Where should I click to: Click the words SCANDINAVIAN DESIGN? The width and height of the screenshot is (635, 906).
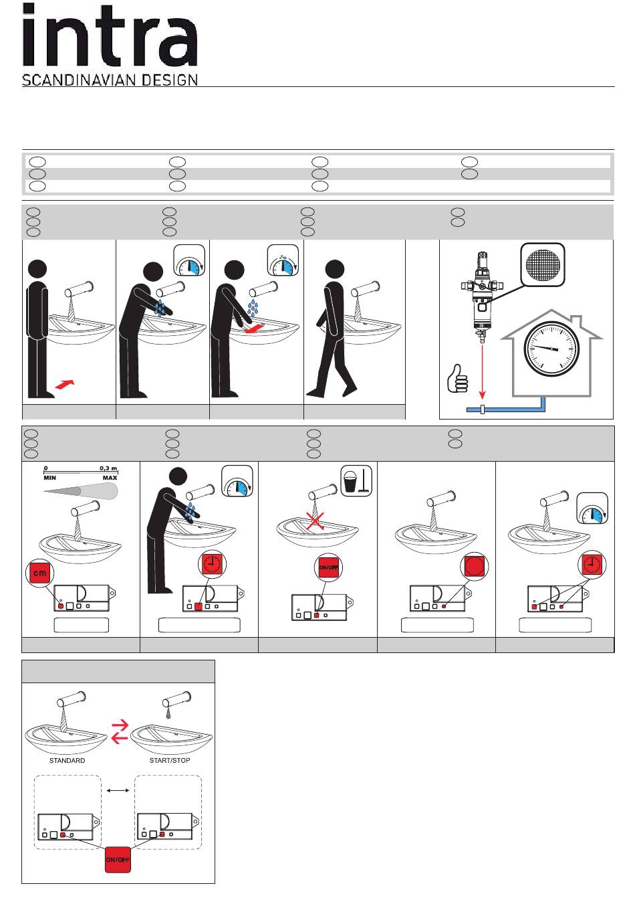[x=110, y=80]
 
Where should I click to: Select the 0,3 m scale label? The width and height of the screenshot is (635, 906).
[x=108, y=468]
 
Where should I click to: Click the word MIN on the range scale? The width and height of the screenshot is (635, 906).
[x=50, y=478]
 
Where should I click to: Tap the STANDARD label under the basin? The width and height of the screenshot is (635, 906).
[x=67, y=761]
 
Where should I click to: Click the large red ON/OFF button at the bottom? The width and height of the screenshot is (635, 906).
[x=118, y=860]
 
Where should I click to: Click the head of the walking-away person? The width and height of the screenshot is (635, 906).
[x=334, y=269]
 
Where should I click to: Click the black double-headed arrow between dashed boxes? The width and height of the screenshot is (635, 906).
[x=118, y=790]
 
